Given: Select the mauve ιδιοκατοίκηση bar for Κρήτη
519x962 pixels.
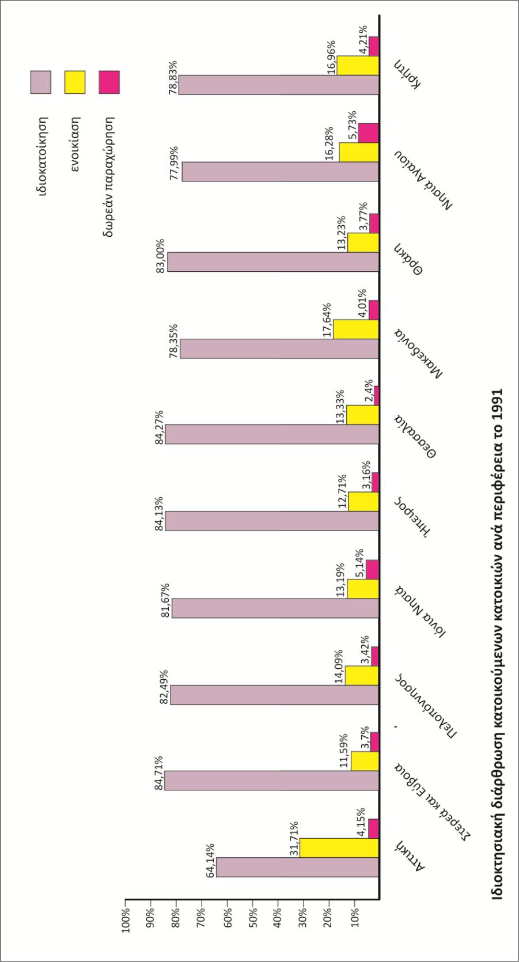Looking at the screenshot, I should tap(278, 85).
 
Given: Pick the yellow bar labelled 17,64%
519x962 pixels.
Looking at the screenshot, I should tap(356, 329).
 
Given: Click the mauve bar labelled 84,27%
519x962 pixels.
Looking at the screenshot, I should tap(272, 434).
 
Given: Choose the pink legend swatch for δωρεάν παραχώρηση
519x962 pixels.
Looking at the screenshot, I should tap(108, 82).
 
